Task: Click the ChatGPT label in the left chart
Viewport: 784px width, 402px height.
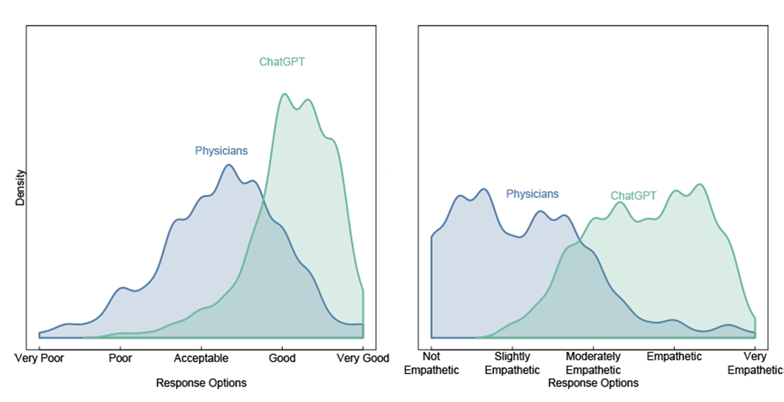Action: (x=282, y=62)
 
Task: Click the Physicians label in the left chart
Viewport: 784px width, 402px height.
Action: (x=221, y=151)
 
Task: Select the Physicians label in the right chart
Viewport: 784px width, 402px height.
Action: (x=532, y=194)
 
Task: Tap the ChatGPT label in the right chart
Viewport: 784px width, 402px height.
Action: (x=633, y=196)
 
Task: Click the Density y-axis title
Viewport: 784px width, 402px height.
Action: (x=20, y=187)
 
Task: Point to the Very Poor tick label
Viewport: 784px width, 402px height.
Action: (x=39, y=358)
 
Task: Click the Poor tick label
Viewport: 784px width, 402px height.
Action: (x=120, y=358)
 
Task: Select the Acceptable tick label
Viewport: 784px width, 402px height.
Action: (x=201, y=358)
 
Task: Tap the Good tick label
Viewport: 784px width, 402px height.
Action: (x=282, y=358)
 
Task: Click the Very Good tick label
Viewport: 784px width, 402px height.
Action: (x=363, y=358)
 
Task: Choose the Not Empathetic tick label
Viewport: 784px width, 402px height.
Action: (x=431, y=363)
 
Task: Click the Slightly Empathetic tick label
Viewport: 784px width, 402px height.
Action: (x=512, y=363)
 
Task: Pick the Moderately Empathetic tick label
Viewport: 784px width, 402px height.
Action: (x=593, y=363)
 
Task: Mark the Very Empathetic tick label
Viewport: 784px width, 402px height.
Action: (x=755, y=363)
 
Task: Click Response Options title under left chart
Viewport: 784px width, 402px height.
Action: (x=201, y=383)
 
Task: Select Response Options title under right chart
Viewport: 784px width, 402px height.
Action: (x=593, y=383)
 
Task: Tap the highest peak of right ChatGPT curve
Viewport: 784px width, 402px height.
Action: (x=700, y=184)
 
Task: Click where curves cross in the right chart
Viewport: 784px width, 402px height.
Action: (x=579, y=241)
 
